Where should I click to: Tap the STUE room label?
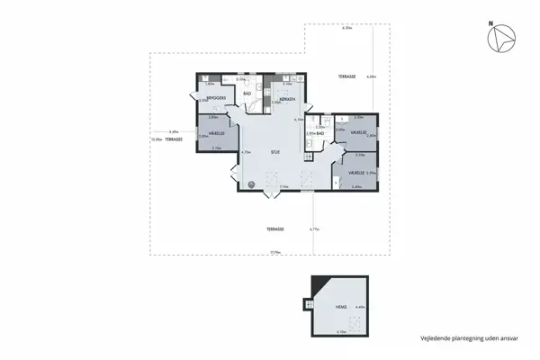(275, 152)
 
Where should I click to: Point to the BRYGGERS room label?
(216, 97)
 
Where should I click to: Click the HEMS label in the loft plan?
(341, 306)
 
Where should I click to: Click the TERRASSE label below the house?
(276, 229)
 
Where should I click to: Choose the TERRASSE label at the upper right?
(347, 77)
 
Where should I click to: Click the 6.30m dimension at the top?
(346, 28)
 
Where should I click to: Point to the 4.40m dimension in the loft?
(361, 308)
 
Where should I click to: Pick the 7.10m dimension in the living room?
(283, 187)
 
